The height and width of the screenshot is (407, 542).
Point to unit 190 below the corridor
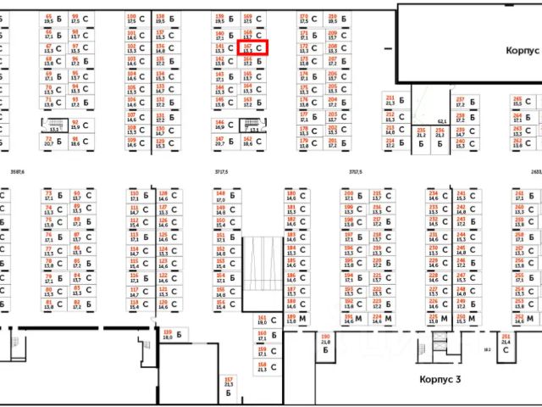[x=325, y=342]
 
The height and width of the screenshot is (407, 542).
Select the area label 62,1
[x=441, y=121]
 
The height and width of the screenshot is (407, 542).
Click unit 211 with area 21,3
[x=390, y=101]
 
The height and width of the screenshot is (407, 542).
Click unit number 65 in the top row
[x=49, y=19]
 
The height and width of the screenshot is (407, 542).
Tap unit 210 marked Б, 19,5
[x=333, y=19]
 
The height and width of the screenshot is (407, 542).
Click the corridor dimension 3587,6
[x=14, y=172]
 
